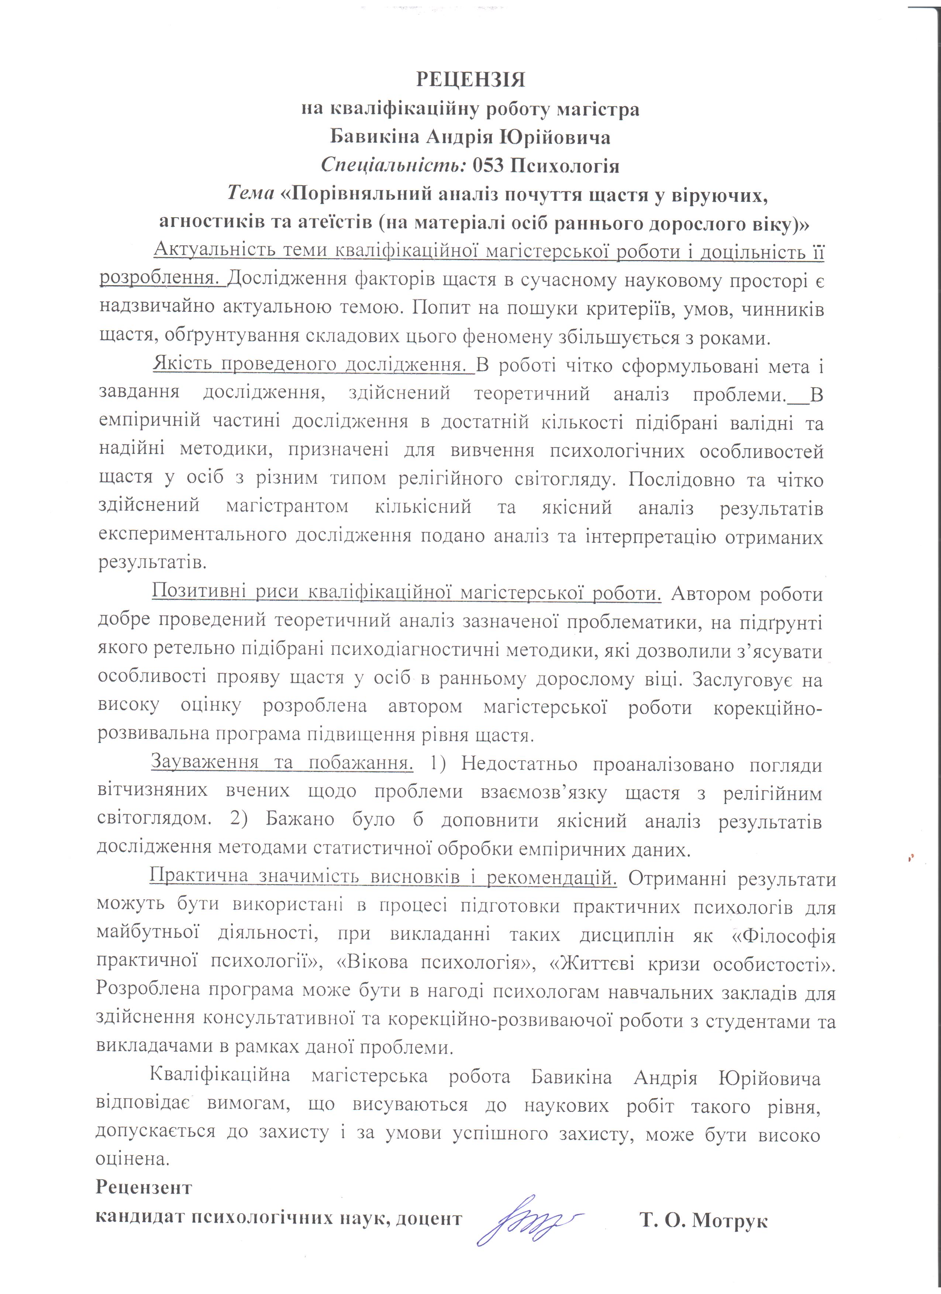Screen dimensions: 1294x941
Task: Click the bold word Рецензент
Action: pos(144,1187)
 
